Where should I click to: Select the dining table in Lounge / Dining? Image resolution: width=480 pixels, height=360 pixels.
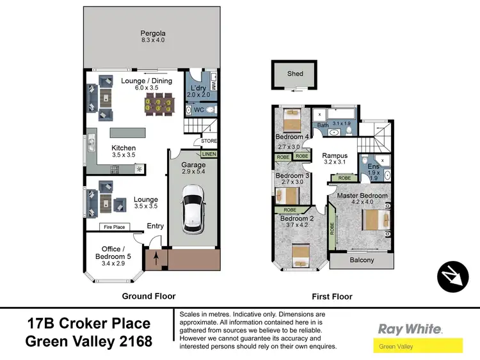[x=157, y=104]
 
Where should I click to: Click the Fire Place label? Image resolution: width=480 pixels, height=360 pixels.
[x=114, y=227]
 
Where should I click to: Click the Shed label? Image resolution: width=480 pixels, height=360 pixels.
[x=295, y=74]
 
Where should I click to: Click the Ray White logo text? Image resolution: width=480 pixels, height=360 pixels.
[x=410, y=329]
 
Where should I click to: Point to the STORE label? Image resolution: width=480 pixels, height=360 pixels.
[x=209, y=141]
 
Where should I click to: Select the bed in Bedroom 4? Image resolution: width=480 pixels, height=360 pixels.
[x=292, y=120]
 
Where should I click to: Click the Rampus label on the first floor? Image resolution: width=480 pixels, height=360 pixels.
[x=335, y=155]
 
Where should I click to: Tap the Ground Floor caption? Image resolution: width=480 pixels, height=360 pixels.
[x=148, y=296]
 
